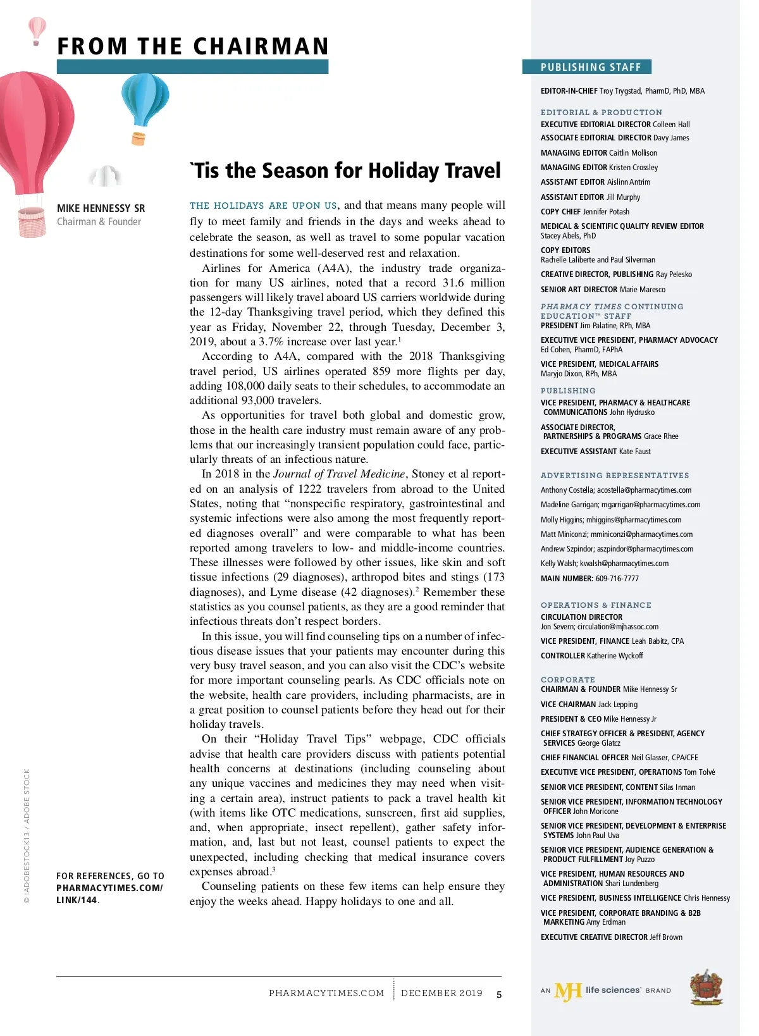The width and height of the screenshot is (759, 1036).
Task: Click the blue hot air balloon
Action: coord(145,100)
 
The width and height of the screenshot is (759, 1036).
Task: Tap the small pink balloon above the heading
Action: coord(37,28)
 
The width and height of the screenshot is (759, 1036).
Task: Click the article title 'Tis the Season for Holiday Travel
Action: coord(345,171)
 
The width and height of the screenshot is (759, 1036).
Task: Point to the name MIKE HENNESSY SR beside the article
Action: coord(101,208)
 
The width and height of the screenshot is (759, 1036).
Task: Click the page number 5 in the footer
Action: coord(499,994)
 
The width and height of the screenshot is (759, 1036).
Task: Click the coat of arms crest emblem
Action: coord(706,987)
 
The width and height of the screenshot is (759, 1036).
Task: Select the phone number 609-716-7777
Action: coord(617,578)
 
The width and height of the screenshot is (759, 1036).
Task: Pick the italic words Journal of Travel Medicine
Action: coord(339,474)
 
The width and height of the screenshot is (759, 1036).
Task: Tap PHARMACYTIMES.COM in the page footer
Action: coord(326,993)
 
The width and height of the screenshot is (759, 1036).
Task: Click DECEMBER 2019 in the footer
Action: coord(441,993)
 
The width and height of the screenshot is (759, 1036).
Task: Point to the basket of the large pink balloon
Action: coord(31,223)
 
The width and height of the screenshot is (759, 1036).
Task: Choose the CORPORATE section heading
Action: coord(567,679)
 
